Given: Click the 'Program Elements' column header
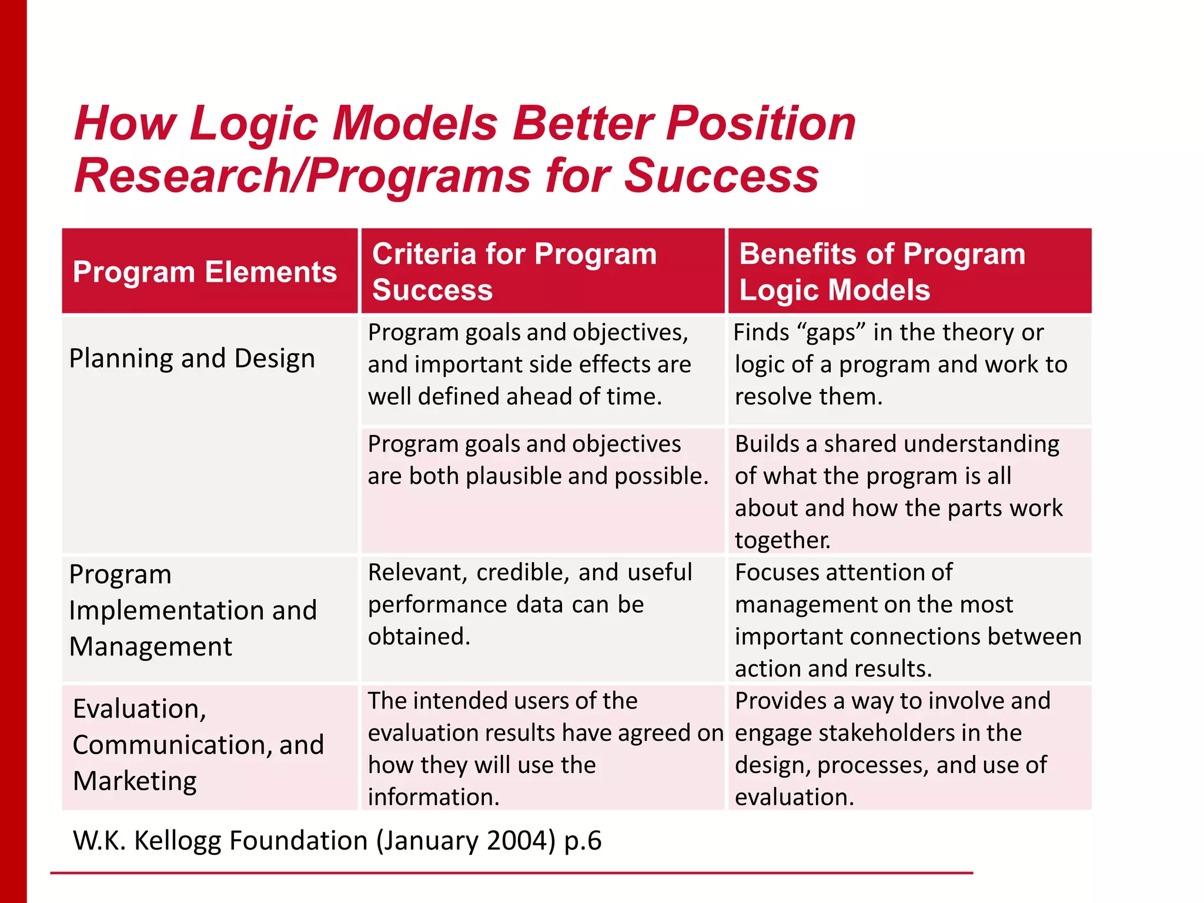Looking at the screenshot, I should tap(205, 272).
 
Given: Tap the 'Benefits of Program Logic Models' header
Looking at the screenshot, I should tap(882, 272).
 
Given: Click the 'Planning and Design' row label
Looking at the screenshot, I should tap(192, 359).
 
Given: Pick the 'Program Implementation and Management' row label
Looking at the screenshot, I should tap(192, 610).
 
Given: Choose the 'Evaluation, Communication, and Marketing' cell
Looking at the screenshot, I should tap(198, 745).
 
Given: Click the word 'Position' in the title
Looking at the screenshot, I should tap(760, 124).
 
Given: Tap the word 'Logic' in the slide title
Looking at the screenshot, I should tap(254, 124).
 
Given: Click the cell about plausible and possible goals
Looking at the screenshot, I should tap(538, 460).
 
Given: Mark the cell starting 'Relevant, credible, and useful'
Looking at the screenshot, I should tap(530, 604).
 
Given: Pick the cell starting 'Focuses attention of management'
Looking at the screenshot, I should tap(908, 620).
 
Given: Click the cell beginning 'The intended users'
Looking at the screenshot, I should tap(544, 748).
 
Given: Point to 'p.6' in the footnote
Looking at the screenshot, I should tap(583, 841).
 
